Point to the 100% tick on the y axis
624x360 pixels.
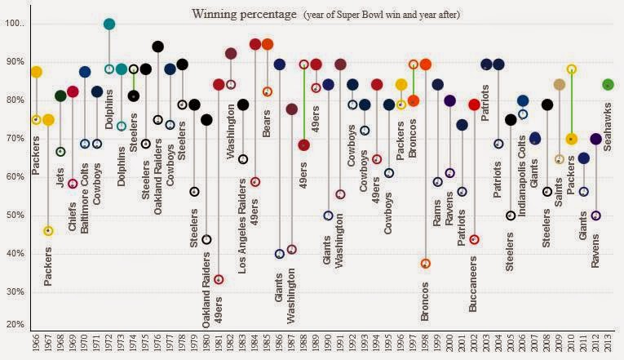click(x=14, y=24)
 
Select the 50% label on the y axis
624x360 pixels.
click(x=14, y=216)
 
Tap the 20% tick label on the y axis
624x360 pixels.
click(x=14, y=325)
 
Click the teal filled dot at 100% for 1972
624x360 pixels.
click(x=109, y=24)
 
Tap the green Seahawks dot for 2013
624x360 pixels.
click(x=608, y=85)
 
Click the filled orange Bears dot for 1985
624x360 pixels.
click(x=268, y=44)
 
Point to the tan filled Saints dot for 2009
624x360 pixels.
click(x=560, y=85)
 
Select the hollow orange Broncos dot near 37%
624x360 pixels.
click(x=425, y=264)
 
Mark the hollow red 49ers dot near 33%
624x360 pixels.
click(x=219, y=279)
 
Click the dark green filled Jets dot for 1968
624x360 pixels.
click(x=60, y=96)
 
